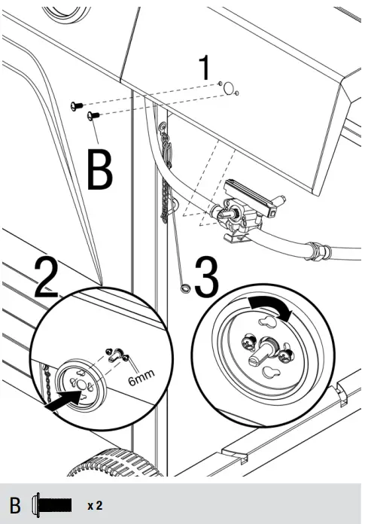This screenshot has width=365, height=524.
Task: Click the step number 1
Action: [x=205, y=67]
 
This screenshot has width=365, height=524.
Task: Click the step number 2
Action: [x=47, y=278]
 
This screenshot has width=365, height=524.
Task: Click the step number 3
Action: [x=207, y=277]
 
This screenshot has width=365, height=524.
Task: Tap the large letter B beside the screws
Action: [x=99, y=169]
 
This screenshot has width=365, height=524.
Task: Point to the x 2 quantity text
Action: [x=95, y=505]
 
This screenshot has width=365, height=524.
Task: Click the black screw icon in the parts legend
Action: [x=52, y=504]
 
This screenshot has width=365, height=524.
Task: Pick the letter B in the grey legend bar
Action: [x=15, y=506]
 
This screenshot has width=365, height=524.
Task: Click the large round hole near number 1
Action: [x=229, y=88]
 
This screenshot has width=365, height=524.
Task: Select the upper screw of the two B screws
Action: [x=77, y=106]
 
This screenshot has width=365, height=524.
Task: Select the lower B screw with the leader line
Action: [x=93, y=116]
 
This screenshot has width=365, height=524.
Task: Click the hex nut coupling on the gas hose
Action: [x=318, y=251]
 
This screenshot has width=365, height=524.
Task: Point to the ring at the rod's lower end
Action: [x=185, y=288]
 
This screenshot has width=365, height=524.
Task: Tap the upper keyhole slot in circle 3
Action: [x=267, y=321]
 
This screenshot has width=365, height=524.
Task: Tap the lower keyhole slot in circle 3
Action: [x=269, y=372]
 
